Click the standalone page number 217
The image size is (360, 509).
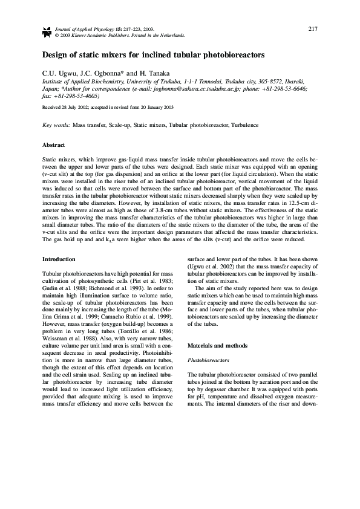point(313,28)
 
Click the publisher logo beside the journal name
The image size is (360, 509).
point(47,32)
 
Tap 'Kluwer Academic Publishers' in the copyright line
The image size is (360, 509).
point(93,35)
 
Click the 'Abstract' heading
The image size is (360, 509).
point(54,145)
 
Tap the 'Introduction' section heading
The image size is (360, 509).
point(59,259)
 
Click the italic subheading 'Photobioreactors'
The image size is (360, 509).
point(208,358)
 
